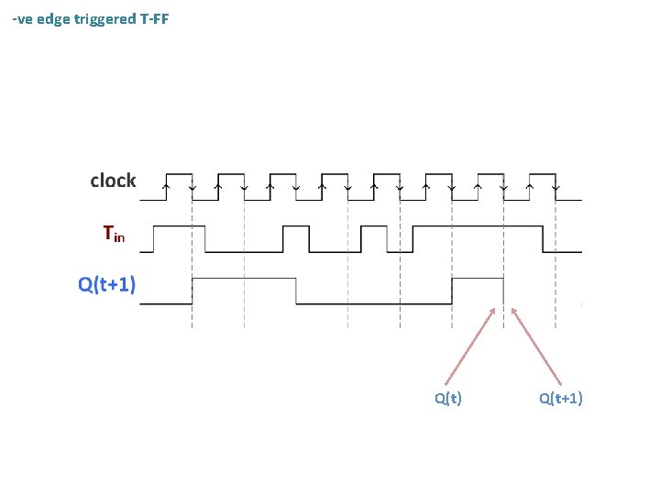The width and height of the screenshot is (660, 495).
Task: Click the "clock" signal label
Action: click(113, 181)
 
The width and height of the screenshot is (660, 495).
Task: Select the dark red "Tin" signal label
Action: click(114, 235)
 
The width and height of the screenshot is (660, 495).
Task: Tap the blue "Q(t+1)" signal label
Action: click(107, 285)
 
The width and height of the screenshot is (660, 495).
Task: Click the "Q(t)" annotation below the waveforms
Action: click(447, 398)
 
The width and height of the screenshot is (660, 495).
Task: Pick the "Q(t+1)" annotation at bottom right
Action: click(560, 398)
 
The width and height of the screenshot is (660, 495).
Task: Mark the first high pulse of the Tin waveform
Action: click(179, 225)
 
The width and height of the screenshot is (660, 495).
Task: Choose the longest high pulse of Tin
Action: click(478, 225)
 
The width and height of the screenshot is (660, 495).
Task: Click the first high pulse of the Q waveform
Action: click(244, 278)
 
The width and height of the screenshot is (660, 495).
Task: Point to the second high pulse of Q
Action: click(478, 278)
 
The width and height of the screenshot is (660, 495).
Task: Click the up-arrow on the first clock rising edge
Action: click(166, 187)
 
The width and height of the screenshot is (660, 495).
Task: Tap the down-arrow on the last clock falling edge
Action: click(556, 187)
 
